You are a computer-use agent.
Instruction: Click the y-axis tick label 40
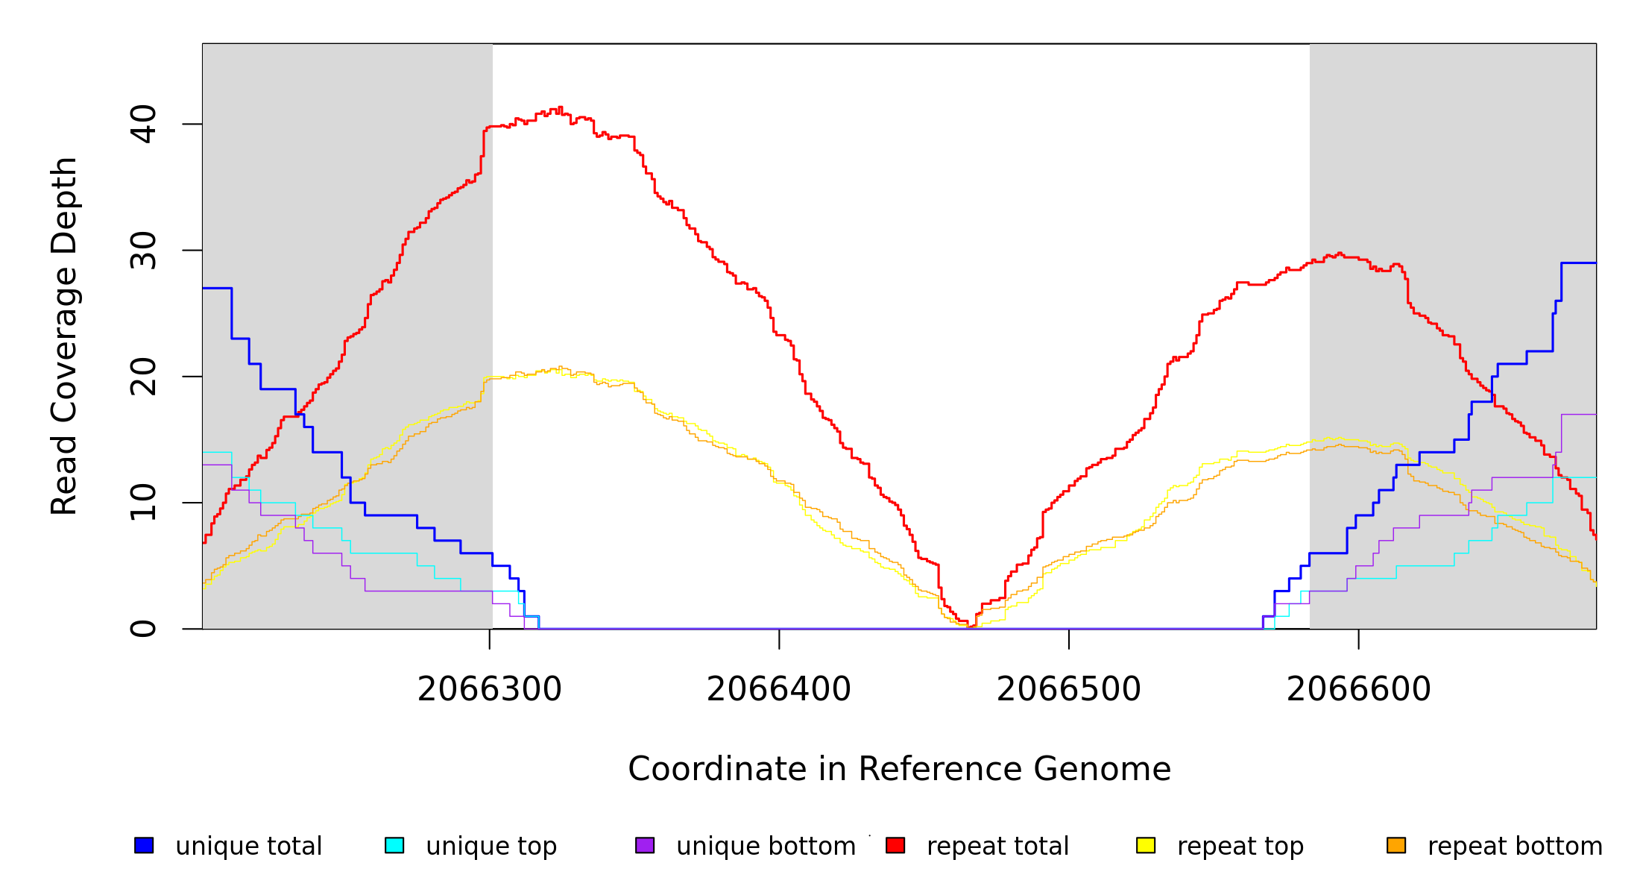pos(143,124)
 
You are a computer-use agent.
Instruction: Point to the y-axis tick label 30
pos(143,251)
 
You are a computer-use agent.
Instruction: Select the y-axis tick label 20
pos(143,377)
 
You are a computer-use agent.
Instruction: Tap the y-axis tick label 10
pos(143,503)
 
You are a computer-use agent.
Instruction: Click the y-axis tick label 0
pos(143,629)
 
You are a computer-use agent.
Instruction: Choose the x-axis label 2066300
pos(490,689)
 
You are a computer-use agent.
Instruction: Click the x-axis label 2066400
pos(779,689)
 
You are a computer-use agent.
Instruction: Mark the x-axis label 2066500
pos(1069,689)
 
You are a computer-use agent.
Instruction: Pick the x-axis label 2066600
pos(1359,689)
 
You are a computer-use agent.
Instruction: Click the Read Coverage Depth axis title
pos(64,336)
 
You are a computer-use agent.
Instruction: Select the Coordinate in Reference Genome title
pos(899,769)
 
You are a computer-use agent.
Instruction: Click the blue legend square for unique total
pos(144,845)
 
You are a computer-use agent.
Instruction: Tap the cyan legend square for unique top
pos(394,845)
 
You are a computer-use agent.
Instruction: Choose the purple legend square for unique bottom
pos(645,845)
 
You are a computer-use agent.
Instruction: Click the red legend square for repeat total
pos(895,845)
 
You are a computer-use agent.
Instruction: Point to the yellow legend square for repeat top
pos(1146,845)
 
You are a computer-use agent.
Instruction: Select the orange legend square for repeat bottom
pos(1396,845)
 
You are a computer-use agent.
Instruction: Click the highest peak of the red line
pos(560,107)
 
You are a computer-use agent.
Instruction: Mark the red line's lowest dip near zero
pos(971,626)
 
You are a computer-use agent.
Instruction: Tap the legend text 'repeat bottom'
pos(1515,847)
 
